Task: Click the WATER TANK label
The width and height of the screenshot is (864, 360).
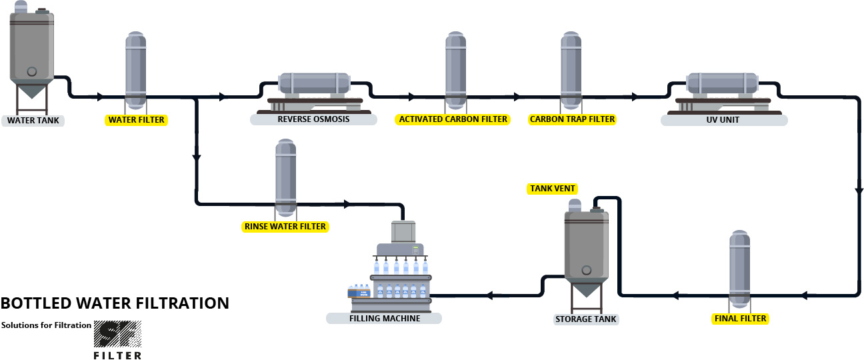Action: [x=33, y=121]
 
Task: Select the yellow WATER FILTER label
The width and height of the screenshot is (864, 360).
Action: [x=136, y=120]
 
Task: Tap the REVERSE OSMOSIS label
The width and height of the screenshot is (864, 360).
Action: [x=313, y=119]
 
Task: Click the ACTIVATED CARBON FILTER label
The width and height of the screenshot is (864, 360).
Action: [x=453, y=119]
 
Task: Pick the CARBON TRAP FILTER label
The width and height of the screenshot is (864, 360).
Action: [x=572, y=119]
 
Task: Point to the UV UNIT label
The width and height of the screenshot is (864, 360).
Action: [x=724, y=120]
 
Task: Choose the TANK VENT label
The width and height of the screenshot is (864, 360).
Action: [x=553, y=189]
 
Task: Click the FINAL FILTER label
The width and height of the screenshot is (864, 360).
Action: [x=740, y=319]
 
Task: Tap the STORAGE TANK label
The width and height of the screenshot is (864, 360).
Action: [x=586, y=319]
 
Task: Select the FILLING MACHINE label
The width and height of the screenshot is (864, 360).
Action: [x=384, y=318]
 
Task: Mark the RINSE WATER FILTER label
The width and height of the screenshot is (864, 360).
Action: [x=285, y=227]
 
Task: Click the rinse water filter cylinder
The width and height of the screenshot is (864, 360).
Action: [x=286, y=177]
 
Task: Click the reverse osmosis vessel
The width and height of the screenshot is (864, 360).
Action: [x=314, y=84]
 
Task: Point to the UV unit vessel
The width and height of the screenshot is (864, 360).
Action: [x=723, y=84]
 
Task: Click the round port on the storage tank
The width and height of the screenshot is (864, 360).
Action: [x=586, y=270]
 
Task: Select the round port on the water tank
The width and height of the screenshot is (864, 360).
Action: [x=31, y=71]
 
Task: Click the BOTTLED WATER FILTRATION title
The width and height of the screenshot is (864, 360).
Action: [x=115, y=303]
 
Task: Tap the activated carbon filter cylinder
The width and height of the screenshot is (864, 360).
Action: [x=455, y=69]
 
